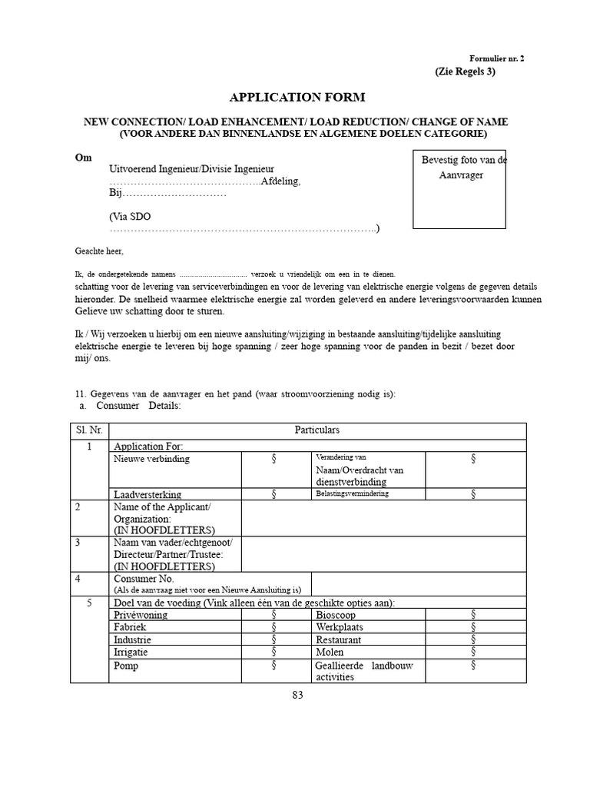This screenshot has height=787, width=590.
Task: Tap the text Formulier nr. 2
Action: pos(496,58)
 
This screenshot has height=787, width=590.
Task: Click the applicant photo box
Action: pos(459,188)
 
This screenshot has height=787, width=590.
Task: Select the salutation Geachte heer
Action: pos(98,251)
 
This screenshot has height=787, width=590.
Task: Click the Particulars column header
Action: pos(317,430)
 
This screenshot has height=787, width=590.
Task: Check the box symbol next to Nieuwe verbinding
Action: pos(273,459)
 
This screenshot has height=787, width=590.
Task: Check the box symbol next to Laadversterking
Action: pos(273,493)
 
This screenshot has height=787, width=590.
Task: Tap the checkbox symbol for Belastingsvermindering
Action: pos(473,493)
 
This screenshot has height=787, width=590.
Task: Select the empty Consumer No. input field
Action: pos(419,584)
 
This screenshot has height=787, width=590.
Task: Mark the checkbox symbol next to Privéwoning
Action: pos(273,615)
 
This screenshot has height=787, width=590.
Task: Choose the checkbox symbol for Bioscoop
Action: pos(473,615)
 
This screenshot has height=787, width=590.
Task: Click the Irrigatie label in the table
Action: pos(131,652)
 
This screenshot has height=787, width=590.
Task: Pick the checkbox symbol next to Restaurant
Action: pos(473,639)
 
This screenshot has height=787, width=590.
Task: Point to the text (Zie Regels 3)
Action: pos(465,71)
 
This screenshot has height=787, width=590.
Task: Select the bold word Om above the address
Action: pos(83,157)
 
